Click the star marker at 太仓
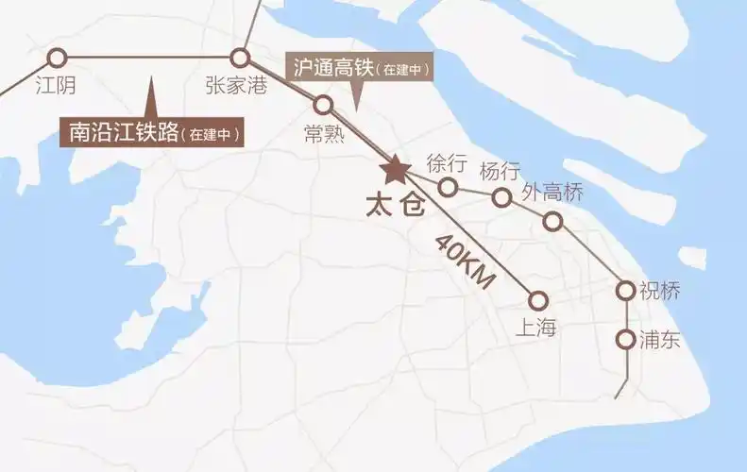point(394,170)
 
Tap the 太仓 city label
point(395,205)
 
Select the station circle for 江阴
point(57,57)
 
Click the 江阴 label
point(55,85)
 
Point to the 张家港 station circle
point(240,57)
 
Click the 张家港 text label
point(236,85)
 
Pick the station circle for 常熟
point(324,104)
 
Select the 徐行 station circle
point(449,187)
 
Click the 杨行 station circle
point(501,196)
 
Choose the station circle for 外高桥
point(553,222)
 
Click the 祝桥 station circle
point(624,290)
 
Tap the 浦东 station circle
point(624,339)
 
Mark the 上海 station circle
point(538,300)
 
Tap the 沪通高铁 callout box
point(359,68)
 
